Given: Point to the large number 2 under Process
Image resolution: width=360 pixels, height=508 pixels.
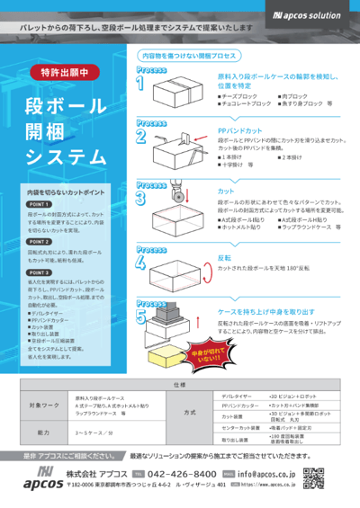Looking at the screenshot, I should [141, 137].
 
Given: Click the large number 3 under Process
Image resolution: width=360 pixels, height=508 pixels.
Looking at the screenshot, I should [141, 196].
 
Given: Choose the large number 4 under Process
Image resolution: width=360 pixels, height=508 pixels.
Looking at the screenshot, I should [141, 263].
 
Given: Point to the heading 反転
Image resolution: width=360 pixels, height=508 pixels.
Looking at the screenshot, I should [225, 257].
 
